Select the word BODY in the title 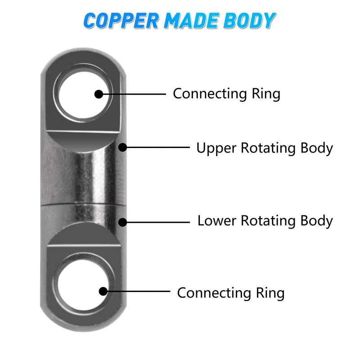coord(250,21)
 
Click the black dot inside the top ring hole coord(99,94)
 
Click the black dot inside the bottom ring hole coord(103,292)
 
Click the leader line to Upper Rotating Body coord(157,147)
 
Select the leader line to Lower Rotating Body coord(157,222)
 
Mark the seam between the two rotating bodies coord(81,205)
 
